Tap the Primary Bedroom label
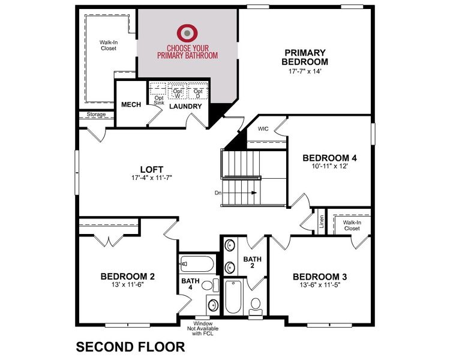coord(306,57)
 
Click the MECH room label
coord(131,105)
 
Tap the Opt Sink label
coord(159,100)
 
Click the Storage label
coord(96,115)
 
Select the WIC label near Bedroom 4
coord(263,128)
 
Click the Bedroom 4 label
coord(329,158)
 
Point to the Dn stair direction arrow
coord(254,193)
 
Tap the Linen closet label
coord(322,223)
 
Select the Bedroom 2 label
coord(127,277)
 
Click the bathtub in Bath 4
coord(196,265)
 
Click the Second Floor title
coord(129,346)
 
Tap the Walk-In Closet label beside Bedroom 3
coord(352,225)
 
